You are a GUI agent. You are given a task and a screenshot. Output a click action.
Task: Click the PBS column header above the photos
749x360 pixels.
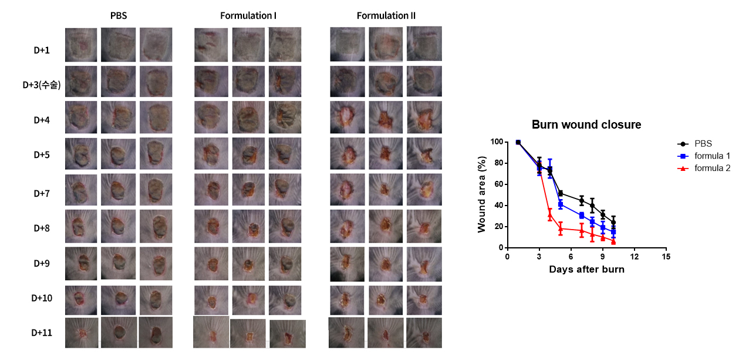119,15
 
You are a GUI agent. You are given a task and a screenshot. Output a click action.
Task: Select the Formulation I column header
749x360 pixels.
248,15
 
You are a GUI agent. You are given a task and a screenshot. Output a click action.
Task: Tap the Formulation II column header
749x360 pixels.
386,15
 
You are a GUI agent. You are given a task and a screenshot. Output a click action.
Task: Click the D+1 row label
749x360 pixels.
41,51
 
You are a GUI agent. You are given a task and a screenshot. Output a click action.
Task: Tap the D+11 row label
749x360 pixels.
42,333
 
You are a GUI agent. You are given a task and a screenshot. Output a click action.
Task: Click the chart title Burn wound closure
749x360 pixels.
586,125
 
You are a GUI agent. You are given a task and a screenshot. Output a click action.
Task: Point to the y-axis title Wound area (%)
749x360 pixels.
481,194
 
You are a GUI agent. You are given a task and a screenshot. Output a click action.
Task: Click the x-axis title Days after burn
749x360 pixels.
586,270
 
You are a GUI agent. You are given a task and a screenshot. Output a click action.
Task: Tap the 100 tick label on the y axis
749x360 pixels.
496,142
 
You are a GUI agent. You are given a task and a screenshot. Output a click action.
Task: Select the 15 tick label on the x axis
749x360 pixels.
666,257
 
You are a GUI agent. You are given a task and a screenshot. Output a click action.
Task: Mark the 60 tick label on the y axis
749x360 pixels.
498,184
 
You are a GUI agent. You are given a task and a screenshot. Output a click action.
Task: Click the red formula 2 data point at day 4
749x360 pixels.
550,215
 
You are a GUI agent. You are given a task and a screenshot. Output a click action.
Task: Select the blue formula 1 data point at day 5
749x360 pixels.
561,204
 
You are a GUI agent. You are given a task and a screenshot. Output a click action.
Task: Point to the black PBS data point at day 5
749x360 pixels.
561,193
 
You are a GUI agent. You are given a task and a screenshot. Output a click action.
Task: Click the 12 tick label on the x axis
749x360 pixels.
634,257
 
